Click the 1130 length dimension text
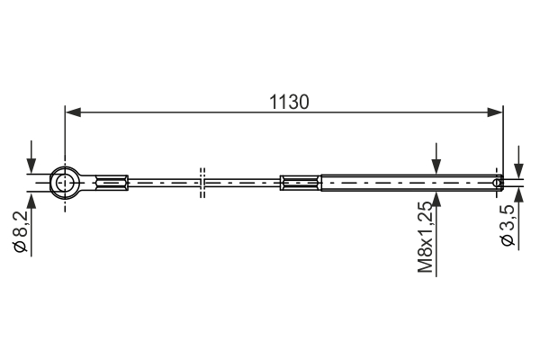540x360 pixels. tap(289, 103)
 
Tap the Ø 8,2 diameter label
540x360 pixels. tap(20, 231)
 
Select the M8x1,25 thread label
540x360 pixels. tap(425, 237)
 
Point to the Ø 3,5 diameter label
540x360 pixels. tap(508, 225)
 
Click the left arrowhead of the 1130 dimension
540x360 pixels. tap(73, 112)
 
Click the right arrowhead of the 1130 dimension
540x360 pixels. tap(495, 112)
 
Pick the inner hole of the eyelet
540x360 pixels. tap(65, 183)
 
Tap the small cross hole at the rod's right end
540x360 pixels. tap(497, 183)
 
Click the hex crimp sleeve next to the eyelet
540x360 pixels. tap(111, 183)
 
